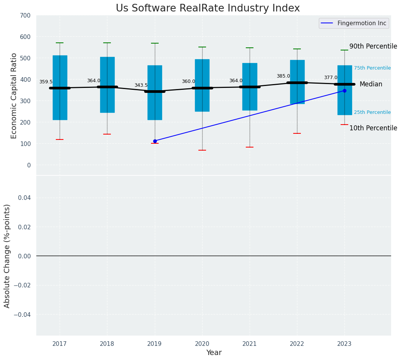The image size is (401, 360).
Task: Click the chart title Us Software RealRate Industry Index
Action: coord(208,8)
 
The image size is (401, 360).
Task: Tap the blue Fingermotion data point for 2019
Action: coord(155,141)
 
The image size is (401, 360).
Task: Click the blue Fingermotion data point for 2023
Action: coord(344,91)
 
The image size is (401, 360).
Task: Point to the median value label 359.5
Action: coord(46,82)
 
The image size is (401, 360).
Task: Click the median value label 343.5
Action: coord(141,85)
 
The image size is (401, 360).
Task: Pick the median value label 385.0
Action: coord(283,76)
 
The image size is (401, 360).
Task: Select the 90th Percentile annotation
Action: coord(373,46)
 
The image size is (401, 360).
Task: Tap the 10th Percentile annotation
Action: coord(373,128)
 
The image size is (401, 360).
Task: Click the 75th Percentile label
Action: coord(372,68)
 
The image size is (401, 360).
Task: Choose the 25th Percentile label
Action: coord(372,112)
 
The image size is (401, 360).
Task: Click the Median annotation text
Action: coord(370,84)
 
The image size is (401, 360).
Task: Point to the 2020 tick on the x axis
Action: coord(202,344)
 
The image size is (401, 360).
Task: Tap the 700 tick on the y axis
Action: coord(26,16)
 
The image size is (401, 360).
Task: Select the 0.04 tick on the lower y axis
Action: coord(24,198)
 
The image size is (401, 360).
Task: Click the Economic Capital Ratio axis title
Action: coord(14,96)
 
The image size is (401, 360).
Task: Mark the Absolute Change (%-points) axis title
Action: coord(7,256)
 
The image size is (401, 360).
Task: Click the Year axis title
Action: coord(214,353)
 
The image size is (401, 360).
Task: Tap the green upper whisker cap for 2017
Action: coord(60,43)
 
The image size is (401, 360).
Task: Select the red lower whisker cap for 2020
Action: coord(202,150)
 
